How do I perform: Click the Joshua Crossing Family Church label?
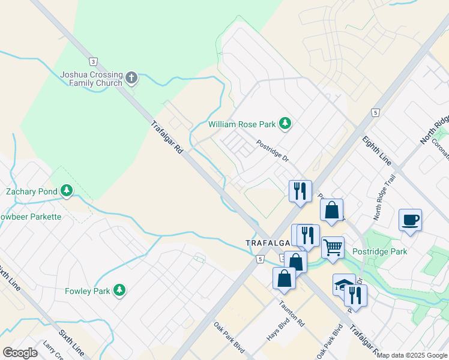point(91,79)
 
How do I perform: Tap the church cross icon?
point(131,78)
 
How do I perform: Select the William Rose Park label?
point(241,124)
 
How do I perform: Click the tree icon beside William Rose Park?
point(286,124)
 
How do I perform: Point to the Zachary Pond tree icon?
point(67,191)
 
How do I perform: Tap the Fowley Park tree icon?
point(120,291)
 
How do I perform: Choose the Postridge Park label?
point(379,251)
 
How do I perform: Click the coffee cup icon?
point(410,220)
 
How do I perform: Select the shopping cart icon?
point(333,247)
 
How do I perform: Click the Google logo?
point(20,353)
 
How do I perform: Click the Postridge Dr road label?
point(273,152)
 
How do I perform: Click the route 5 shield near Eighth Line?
point(375,112)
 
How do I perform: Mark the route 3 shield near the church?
point(92,61)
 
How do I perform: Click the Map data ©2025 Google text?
point(412,355)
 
